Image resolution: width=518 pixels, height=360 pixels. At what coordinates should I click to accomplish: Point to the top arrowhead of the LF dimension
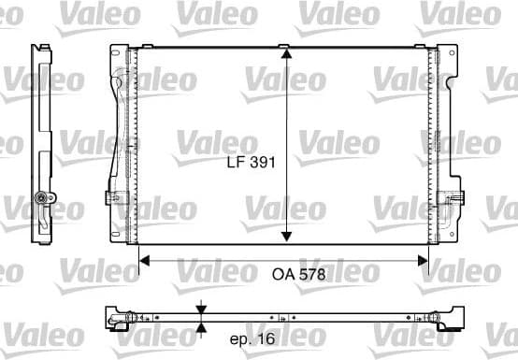[286, 54]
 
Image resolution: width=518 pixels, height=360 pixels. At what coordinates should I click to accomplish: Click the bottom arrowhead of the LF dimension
[286, 238]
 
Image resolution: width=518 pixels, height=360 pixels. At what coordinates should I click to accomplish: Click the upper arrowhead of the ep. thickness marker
[203, 308]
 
